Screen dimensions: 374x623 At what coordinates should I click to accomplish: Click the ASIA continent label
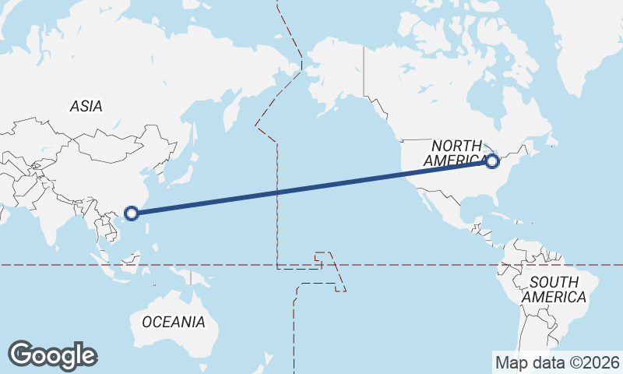coord(86,106)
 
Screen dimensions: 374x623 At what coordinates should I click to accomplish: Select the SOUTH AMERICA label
coord(554,289)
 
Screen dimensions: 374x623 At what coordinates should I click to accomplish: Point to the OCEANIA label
coord(174,322)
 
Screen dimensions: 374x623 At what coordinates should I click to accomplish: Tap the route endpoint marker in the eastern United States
coord(491,161)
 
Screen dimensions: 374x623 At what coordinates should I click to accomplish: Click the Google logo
coord(52,355)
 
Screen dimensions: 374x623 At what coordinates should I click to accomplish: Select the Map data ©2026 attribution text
coord(557,362)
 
